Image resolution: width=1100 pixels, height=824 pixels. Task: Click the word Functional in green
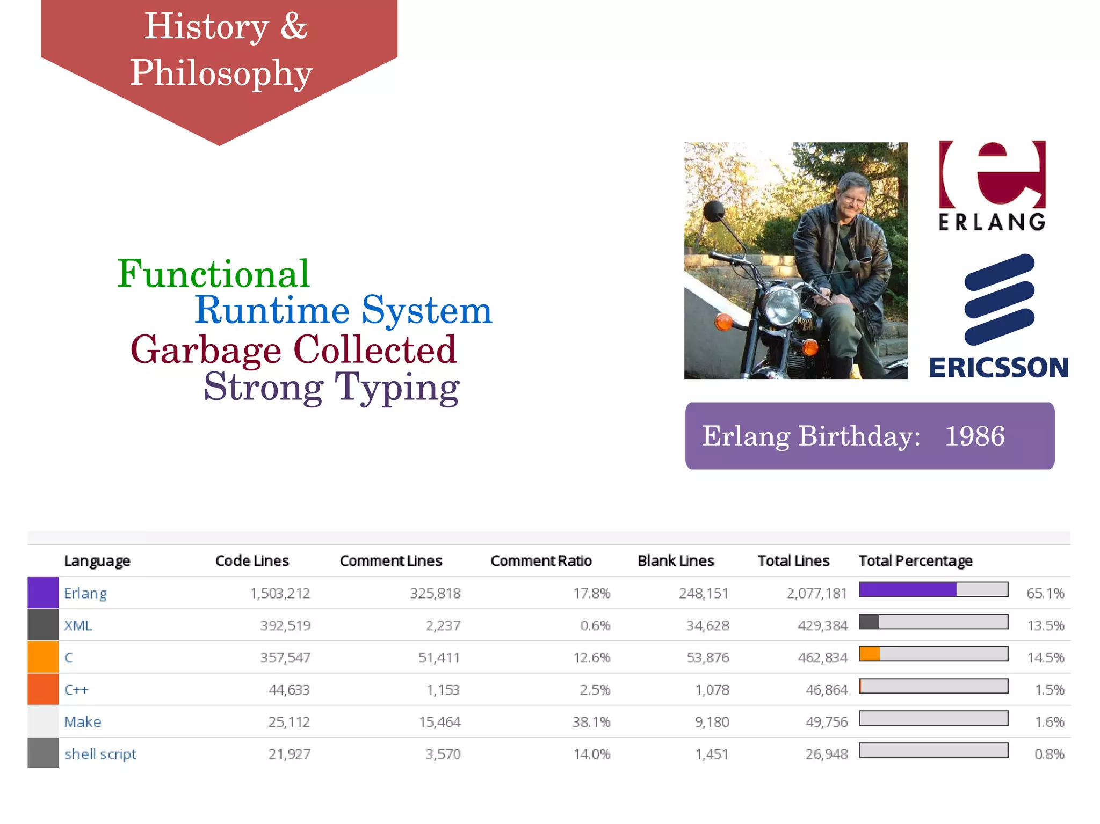(x=213, y=274)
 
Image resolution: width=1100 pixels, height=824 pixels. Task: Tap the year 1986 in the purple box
(x=974, y=436)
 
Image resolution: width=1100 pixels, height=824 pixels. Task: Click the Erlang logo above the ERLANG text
(x=993, y=174)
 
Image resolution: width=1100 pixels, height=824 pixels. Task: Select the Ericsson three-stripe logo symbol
(x=999, y=300)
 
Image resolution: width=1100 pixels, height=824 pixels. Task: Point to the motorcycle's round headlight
(x=782, y=306)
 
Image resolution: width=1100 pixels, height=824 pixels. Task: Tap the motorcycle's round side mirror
(x=714, y=211)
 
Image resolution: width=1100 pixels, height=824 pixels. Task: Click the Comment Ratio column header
(x=541, y=561)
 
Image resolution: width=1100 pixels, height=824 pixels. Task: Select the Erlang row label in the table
(x=85, y=593)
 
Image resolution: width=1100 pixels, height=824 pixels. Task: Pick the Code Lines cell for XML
(x=285, y=625)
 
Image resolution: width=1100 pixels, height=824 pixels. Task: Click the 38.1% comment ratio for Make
(x=591, y=722)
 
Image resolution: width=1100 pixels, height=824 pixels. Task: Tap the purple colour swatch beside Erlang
(x=43, y=593)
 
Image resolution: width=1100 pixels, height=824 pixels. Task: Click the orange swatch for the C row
(x=43, y=657)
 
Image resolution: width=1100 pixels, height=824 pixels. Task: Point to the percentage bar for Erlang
(x=933, y=589)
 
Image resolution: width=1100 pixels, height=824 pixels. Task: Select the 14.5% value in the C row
(x=1045, y=658)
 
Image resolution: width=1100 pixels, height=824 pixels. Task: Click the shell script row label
(x=100, y=754)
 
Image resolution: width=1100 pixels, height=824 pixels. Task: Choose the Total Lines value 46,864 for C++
(x=826, y=690)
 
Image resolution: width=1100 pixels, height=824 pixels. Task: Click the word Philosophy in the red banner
(x=221, y=73)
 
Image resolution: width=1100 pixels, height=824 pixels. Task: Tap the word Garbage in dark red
(x=206, y=350)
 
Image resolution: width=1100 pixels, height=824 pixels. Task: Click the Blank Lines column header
(x=676, y=561)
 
